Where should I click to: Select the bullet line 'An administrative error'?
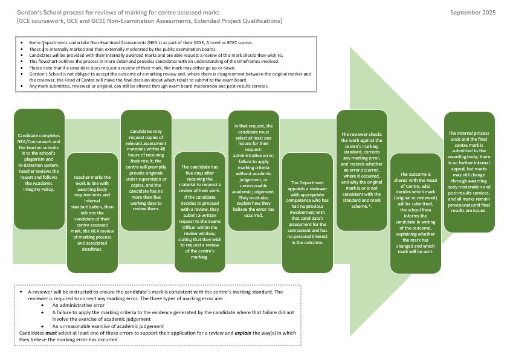tap(75, 306)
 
